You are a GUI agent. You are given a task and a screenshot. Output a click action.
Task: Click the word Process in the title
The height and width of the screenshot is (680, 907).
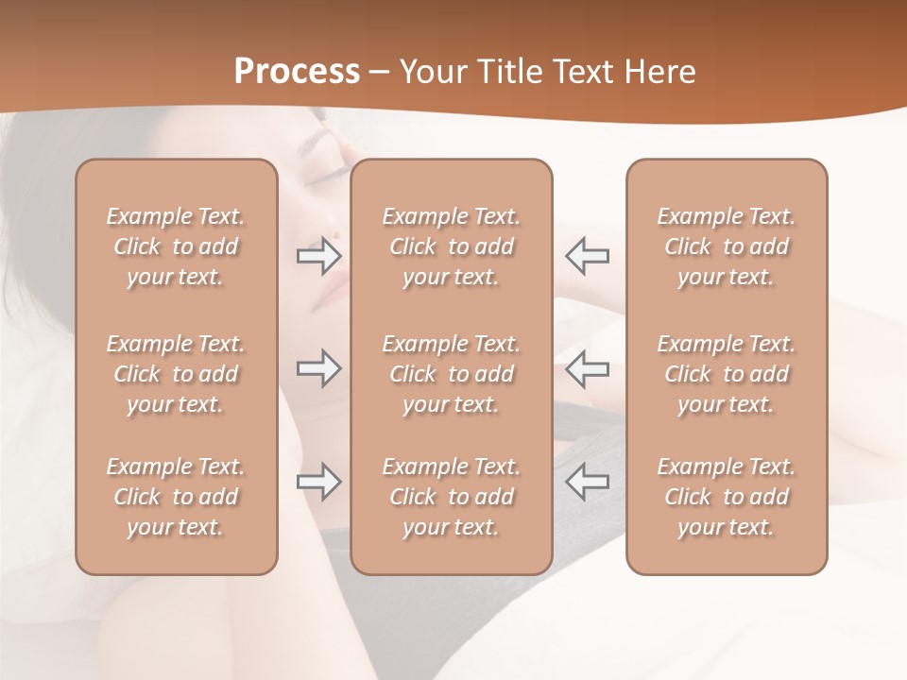[x=297, y=72]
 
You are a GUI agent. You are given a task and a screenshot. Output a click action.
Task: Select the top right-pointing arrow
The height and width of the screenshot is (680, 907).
[x=319, y=255]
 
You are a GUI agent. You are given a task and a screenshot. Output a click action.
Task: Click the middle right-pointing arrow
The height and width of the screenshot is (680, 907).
[x=319, y=368]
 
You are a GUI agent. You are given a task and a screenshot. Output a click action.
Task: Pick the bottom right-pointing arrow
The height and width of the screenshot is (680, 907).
[x=319, y=482]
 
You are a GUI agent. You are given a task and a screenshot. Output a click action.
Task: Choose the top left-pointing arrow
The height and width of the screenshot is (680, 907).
[x=588, y=255]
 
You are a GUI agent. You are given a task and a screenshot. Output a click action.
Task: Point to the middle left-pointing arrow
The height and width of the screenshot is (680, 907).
[x=588, y=368]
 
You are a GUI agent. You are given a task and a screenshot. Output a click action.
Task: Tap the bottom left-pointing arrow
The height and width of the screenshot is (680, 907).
[x=588, y=482]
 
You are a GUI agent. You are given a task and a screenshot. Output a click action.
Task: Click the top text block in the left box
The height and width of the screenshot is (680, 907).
[x=176, y=246]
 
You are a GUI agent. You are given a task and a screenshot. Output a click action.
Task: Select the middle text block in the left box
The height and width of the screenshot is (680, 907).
[x=176, y=374]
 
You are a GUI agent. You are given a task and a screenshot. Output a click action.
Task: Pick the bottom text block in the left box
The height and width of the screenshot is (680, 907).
[x=176, y=497]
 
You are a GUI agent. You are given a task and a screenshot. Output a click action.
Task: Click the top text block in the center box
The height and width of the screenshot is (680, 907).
[x=452, y=246]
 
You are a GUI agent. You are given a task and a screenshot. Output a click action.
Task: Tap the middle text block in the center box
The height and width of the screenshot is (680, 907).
[x=452, y=374]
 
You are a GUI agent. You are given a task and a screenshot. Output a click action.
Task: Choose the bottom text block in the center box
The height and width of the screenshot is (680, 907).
[x=452, y=497]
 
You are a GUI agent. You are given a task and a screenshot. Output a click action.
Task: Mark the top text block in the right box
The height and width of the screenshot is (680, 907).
[x=727, y=246]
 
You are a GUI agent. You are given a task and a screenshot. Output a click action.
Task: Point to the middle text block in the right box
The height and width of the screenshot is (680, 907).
[x=727, y=374]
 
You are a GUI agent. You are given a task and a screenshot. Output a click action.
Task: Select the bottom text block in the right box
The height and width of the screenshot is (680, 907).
[x=727, y=497]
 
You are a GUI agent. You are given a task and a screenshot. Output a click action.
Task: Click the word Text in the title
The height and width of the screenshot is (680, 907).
[x=584, y=72]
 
